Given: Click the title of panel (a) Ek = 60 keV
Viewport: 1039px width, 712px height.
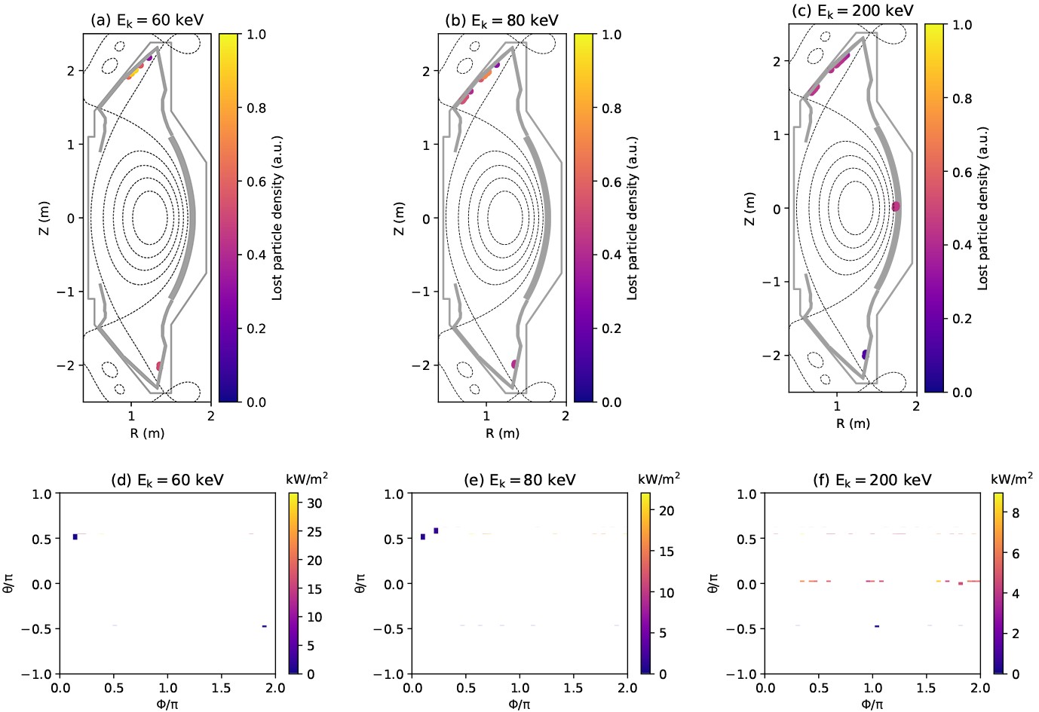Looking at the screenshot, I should point(147,20).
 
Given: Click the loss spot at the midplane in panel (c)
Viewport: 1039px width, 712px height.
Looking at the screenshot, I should point(896,206).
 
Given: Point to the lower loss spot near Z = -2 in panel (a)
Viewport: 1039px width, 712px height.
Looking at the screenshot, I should point(159,366).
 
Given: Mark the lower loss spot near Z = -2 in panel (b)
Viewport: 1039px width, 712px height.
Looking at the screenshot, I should point(514,364).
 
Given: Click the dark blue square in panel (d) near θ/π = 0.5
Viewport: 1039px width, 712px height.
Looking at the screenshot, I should point(75,536).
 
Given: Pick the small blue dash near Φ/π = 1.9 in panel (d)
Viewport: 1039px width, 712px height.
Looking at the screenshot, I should point(264,626).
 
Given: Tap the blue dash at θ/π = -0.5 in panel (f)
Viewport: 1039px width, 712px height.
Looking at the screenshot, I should point(876,626).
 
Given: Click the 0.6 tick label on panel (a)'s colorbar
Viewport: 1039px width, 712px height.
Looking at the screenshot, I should point(256,182).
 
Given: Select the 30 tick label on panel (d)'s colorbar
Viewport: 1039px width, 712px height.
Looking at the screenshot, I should point(315,503).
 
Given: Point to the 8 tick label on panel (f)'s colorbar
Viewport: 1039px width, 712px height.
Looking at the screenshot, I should point(1016,513).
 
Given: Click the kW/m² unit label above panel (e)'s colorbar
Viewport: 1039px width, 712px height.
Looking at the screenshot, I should point(659,478).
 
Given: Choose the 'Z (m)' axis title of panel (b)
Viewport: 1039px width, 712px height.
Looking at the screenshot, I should point(399,218).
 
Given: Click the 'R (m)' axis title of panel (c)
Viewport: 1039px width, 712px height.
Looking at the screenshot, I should point(853,423).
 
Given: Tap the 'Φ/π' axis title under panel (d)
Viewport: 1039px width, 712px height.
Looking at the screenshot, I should point(167,704).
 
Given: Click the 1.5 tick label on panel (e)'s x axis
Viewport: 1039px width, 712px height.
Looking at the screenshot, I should point(573,688).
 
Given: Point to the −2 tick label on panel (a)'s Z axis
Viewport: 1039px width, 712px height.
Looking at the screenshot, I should point(68,365).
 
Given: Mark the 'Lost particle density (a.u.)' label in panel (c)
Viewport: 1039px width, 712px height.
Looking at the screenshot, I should point(983,208).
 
